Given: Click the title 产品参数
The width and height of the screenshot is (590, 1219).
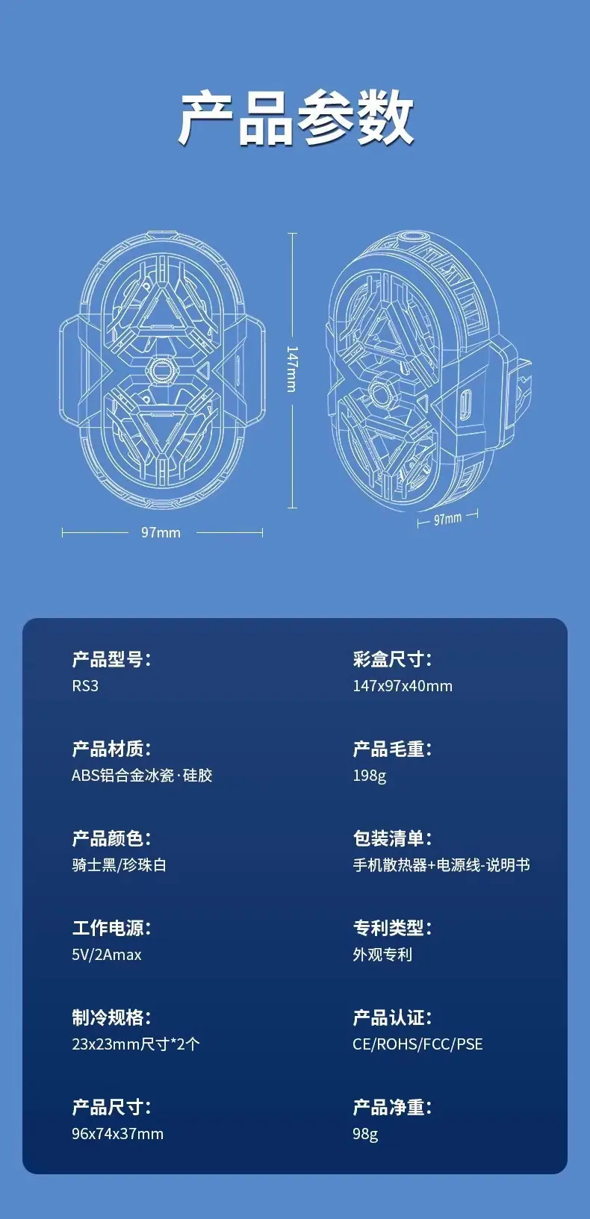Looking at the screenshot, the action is pos(296,118).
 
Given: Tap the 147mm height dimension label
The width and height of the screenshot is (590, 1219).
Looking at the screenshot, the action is pos(292,369).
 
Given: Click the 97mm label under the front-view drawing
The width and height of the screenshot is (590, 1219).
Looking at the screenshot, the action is pos(161,532).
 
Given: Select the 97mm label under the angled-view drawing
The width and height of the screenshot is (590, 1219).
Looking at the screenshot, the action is pos(447,519).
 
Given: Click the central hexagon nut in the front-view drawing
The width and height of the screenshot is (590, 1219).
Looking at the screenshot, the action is pos(161,370).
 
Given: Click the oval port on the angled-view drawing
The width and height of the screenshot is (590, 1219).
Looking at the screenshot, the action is pos(465,405).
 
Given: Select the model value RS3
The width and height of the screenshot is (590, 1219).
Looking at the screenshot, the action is pos(85,686).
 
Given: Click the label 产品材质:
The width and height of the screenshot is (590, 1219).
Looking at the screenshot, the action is pos(111,749).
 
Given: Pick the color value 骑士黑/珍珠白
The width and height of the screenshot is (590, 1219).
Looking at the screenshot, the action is pos(119,864).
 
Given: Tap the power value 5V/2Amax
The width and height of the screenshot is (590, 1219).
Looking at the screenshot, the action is pos(107,955).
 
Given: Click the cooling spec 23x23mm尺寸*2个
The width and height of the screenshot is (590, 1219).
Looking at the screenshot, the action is pos(136,1044).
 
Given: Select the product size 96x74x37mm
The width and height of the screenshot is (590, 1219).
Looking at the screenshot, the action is pos(117,1134).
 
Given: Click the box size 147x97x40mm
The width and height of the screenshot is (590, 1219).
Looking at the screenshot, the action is pos(403,686).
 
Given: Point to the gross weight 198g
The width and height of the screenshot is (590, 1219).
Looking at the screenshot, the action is pos(370,776).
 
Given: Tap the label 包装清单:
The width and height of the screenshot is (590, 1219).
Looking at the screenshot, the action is pos(392,838).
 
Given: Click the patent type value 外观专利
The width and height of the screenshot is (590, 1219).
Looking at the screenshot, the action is pos(382,955).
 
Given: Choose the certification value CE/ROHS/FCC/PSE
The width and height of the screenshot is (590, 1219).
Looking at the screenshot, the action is pos(418,1044).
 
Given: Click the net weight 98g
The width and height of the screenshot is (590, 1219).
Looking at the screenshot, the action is pos(365,1134).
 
